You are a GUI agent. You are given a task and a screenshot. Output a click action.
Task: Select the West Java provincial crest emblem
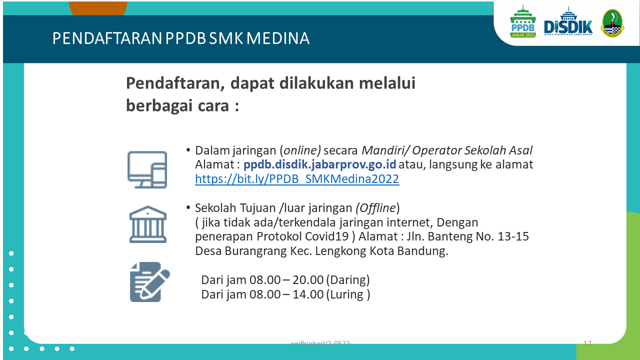tap(612, 23)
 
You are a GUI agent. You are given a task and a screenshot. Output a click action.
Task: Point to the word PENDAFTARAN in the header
tap(107, 38)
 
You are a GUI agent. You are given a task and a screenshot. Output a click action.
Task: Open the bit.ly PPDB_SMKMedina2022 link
tap(297, 179)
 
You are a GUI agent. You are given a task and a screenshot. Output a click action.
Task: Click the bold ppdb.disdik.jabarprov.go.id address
tap(319, 164)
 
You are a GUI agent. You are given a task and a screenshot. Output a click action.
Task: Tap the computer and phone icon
tap(147, 169)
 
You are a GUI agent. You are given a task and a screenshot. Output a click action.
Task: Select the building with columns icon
tap(147, 224)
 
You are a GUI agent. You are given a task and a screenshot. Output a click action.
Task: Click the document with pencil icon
tap(149, 282)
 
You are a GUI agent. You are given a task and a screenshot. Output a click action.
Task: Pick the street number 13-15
tap(513, 236)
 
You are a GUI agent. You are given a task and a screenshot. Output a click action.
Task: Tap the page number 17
tap(587, 343)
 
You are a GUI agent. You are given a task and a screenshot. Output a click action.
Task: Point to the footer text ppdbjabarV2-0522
tap(320, 343)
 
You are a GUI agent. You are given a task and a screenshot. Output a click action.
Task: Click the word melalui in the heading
tap(387, 83)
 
